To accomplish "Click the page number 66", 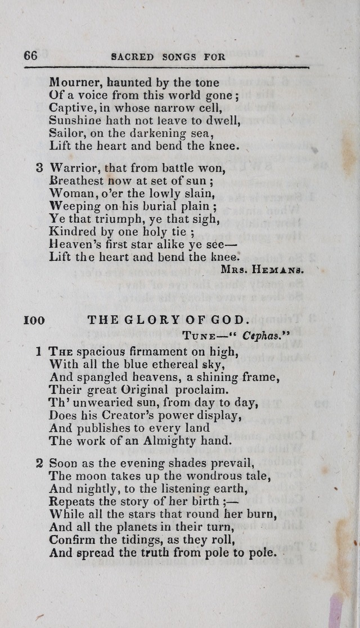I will [30, 56].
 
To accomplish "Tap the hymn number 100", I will [34, 320].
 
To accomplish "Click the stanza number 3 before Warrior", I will [39, 168].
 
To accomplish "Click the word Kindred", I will [71, 231].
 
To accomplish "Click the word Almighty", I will [175, 441].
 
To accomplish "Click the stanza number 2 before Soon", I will [39, 464].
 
